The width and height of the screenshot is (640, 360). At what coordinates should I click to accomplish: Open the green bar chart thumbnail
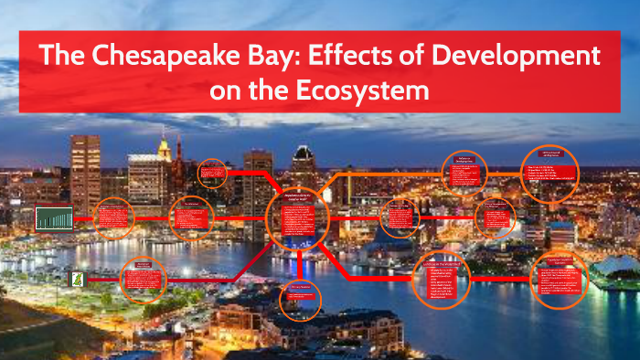pos(53,218)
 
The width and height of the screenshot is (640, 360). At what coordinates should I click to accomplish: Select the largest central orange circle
pos(297,218)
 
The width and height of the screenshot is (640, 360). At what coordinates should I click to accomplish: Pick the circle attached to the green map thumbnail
pos(143,278)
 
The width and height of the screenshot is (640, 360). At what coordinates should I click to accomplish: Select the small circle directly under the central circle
pos(301,297)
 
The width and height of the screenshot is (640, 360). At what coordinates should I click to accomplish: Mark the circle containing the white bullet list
pos(550,172)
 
